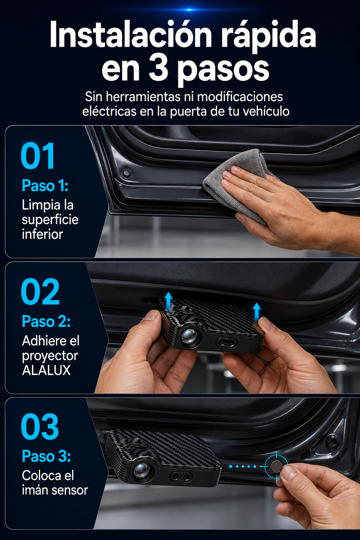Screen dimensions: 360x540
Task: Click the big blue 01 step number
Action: coord(38,156)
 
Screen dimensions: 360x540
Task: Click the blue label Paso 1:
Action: coord(45,186)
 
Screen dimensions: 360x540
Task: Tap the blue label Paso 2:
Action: coord(46,321)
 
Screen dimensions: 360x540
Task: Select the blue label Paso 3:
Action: coord(46,456)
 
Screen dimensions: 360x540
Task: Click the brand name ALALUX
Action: coord(46,370)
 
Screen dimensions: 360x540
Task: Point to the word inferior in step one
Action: coord(43,234)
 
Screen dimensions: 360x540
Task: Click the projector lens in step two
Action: coord(189,335)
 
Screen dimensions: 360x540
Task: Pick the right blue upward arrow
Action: coord(257,311)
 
